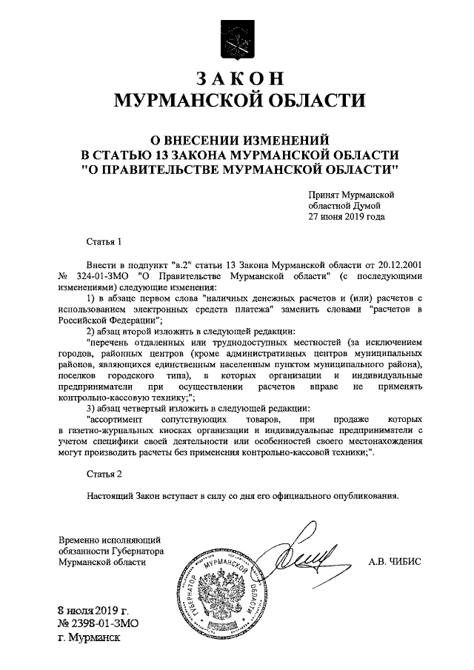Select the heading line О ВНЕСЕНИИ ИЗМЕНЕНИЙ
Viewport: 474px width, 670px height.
pos(238,139)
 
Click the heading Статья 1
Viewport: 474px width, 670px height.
pos(103,241)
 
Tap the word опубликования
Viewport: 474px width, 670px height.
pos(362,495)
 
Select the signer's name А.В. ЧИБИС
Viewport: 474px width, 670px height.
pos(395,562)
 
